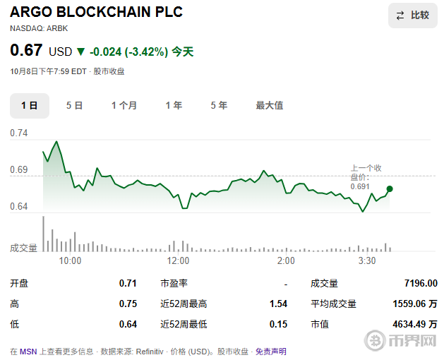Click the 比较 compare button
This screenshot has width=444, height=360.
(412, 16)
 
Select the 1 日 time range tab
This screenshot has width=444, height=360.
(29, 105)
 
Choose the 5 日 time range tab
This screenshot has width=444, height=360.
(74, 105)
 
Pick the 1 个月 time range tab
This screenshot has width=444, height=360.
(124, 105)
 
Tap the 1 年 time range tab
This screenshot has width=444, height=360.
(174, 105)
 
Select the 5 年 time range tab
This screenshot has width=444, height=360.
(219, 105)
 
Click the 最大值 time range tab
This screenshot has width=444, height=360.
(269, 105)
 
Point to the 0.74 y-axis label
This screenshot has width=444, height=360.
(19, 133)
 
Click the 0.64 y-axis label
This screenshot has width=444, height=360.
(19, 207)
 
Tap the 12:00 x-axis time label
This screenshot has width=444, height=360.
(179, 260)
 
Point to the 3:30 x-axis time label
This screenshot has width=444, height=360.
(366, 260)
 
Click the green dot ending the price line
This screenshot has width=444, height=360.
(390, 188)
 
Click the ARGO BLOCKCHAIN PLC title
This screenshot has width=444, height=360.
(96, 13)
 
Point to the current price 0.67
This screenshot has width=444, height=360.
(26, 51)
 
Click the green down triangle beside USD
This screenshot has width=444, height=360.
(80, 52)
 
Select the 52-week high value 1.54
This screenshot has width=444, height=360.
(278, 304)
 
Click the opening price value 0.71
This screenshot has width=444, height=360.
(128, 283)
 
